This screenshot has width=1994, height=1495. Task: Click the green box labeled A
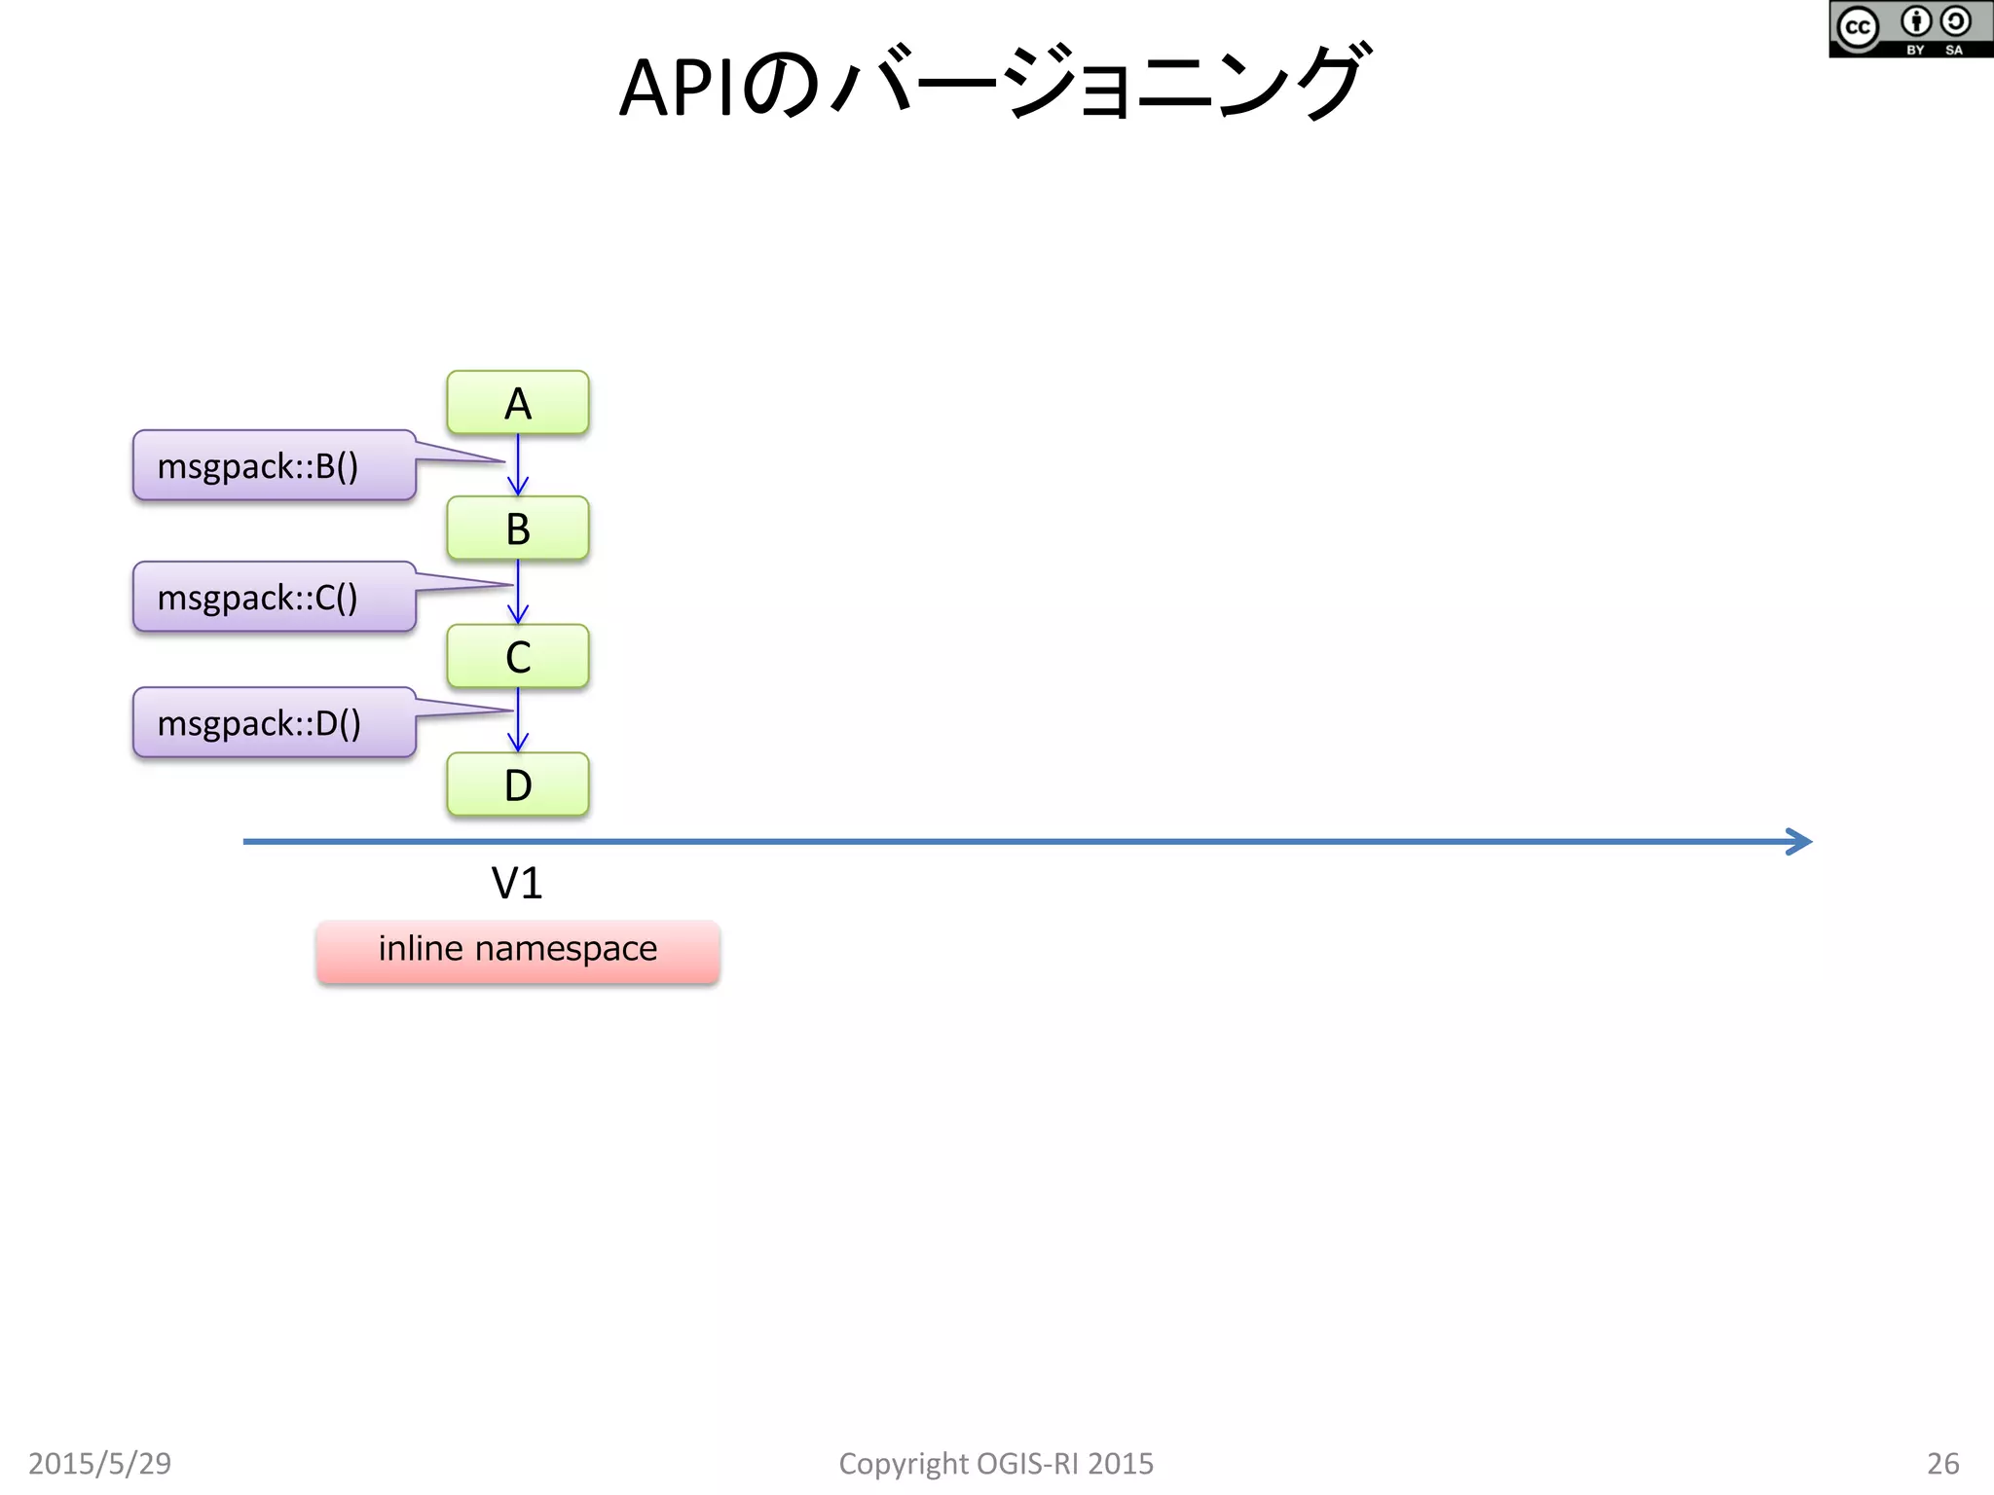coord(517,403)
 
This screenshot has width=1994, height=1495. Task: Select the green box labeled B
coord(517,529)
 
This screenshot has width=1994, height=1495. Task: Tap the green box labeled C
coord(517,657)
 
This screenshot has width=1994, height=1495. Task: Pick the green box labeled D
coord(517,784)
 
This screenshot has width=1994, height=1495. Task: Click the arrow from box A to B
coord(518,467)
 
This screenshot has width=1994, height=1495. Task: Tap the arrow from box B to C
coord(518,594)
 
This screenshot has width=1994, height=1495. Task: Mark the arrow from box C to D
coord(518,721)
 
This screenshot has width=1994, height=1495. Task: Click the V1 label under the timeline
coord(516,884)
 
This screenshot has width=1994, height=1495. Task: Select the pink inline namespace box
coord(517,951)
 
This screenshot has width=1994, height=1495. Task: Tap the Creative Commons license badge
coord(1909,29)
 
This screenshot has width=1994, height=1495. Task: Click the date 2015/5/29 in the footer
coord(99,1463)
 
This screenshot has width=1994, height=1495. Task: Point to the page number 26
coord(1942,1463)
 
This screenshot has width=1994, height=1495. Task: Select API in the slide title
coord(676,89)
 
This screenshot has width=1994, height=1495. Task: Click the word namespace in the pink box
coord(566,949)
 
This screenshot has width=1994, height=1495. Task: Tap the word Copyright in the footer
coord(904,1463)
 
